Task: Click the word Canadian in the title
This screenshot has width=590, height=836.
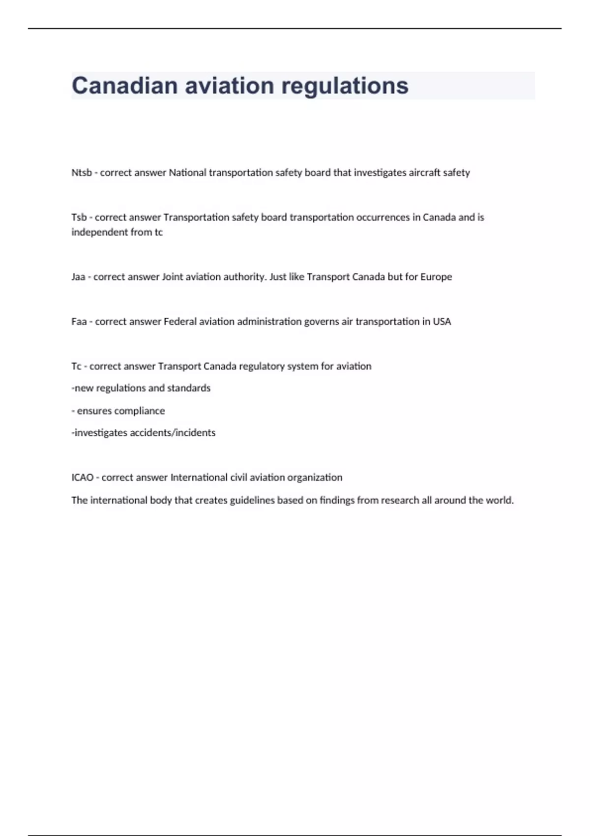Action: tap(125, 86)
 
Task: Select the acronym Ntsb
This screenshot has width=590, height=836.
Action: tap(81, 173)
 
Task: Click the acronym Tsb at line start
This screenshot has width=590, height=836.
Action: tap(79, 217)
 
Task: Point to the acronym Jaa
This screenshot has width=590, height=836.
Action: tap(78, 277)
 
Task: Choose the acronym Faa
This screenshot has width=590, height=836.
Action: tap(79, 322)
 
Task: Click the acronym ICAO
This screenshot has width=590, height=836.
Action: tap(82, 478)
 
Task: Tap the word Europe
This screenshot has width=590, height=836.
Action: tap(436, 277)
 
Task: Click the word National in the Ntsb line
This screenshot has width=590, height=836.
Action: tap(188, 173)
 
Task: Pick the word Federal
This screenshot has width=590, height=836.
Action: tap(179, 322)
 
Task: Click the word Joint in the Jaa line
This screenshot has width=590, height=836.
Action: tap(172, 277)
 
